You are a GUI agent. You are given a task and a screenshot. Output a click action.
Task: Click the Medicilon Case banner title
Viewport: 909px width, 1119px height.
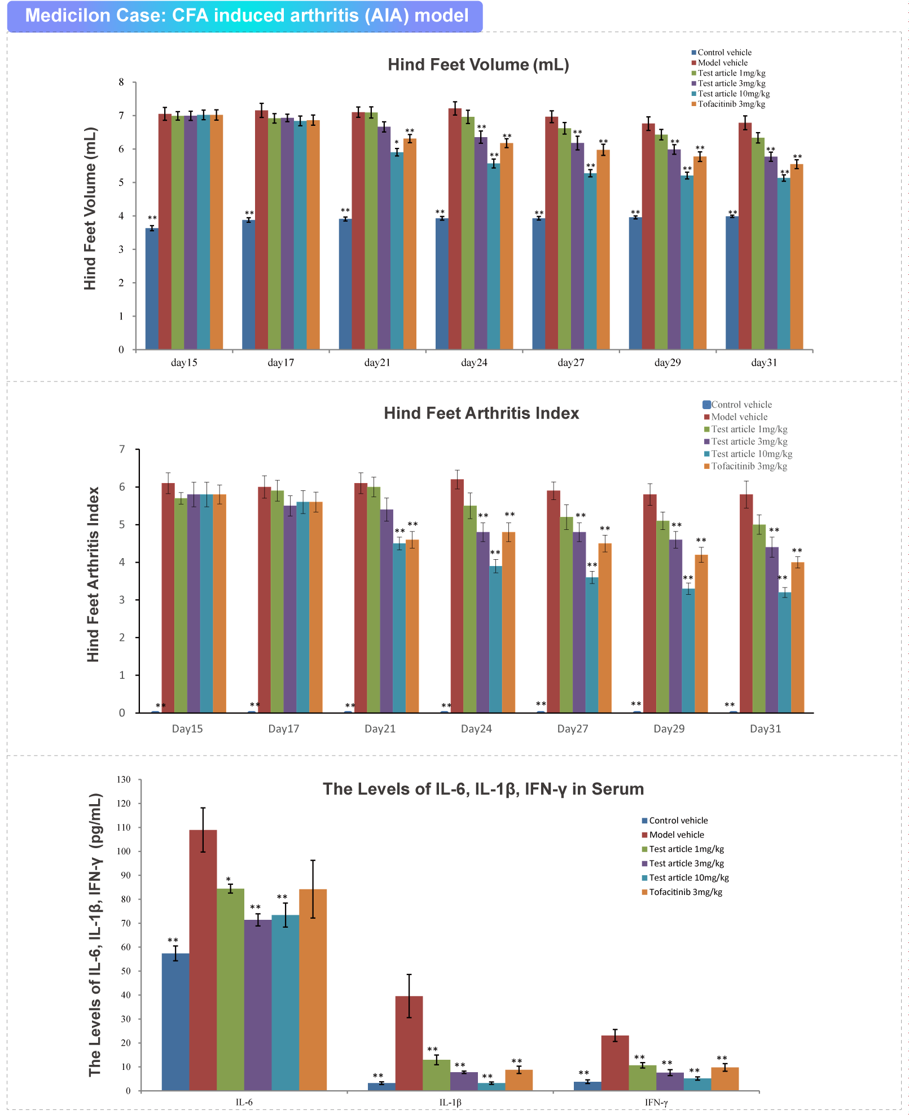click(x=247, y=15)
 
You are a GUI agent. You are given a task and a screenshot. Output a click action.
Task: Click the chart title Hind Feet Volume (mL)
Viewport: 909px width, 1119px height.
click(x=478, y=65)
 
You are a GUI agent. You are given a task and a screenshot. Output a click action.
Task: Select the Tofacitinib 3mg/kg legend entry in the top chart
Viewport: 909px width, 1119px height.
click(x=731, y=104)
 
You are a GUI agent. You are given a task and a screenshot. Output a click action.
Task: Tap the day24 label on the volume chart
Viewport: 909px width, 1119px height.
click(x=474, y=363)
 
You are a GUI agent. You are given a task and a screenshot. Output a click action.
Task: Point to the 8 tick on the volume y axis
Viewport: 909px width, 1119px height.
click(x=121, y=82)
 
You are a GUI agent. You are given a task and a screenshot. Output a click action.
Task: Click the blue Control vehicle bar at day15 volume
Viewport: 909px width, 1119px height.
click(x=152, y=288)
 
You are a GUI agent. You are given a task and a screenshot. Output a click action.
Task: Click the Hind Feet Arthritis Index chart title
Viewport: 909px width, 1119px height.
click(x=481, y=414)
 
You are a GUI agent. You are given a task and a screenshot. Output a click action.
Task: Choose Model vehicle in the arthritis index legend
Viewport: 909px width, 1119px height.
click(x=739, y=417)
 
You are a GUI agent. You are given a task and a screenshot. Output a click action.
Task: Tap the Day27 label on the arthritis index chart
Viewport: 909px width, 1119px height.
click(x=573, y=729)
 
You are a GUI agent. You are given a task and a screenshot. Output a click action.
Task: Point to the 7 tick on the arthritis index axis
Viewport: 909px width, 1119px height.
click(x=122, y=450)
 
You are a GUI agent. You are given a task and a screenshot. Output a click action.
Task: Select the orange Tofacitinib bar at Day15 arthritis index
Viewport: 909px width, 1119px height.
click(x=219, y=603)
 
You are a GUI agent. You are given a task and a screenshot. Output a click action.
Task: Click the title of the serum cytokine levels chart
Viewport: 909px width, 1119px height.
click(x=483, y=789)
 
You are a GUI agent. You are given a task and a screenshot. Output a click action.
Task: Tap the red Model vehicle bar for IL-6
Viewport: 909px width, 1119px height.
click(x=203, y=959)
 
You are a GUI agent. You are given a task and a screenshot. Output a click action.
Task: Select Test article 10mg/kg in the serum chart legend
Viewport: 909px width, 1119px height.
click(x=688, y=878)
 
